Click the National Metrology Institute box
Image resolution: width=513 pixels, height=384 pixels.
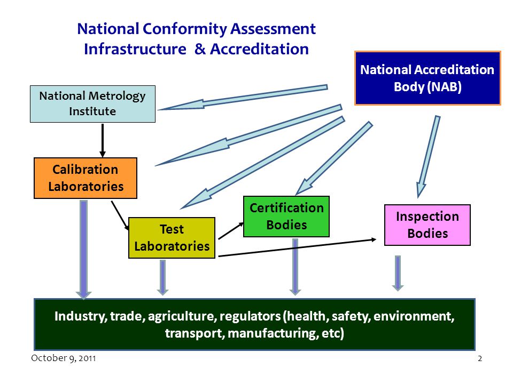click(92, 104)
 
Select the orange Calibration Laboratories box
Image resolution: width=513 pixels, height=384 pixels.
click(85, 178)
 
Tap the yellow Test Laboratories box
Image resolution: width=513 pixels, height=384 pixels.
click(172, 238)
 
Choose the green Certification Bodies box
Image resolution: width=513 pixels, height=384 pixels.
click(286, 216)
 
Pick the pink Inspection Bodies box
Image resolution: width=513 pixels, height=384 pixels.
click(428, 225)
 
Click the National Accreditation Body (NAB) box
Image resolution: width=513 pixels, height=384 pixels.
click(428, 78)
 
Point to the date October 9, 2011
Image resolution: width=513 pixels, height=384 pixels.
click(64, 358)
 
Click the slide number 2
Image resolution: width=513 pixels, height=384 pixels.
click(480, 358)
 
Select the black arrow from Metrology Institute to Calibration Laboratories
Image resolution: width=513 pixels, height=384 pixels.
click(103, 140)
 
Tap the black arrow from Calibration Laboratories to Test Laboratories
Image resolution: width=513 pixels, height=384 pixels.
click(120, 215)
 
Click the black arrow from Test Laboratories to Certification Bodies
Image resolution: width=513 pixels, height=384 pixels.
click(231, 231)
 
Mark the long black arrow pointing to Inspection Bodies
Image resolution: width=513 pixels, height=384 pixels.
click(297, 248)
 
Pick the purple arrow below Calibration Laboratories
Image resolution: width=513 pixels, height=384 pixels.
click(84, 250)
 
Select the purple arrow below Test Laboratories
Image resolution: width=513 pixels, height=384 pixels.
click(162, 277)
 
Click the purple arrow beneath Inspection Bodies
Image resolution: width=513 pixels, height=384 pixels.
click(398, 273)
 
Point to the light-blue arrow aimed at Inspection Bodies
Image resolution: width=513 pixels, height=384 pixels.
click(428, 157)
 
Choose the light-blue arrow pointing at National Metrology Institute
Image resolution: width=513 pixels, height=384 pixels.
click(243, 97)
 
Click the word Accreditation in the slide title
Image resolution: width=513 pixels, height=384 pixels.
click(259, 49)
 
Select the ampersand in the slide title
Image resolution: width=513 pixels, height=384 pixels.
click(199, 49)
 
